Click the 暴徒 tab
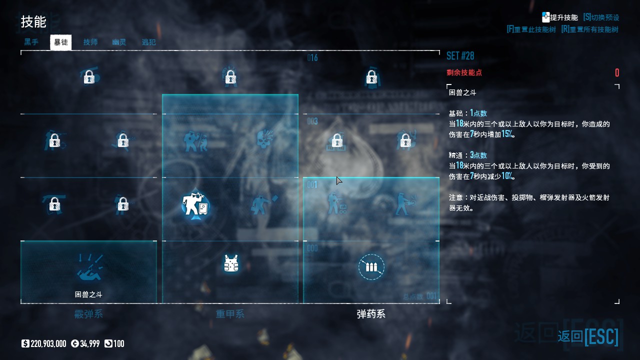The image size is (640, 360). (61, 42)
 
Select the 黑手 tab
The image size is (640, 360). (31, 42)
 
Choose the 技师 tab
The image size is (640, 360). (90, 42)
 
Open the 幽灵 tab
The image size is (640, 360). (119, 42)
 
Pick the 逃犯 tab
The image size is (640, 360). (148, 42)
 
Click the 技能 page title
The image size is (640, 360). (33, 22)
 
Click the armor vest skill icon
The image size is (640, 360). (230, 263)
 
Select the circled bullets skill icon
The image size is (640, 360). (371, 267)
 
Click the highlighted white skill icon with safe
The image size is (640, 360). (195, 204)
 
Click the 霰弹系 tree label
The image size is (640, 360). (88, 314)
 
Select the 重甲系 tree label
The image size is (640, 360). (230, 314)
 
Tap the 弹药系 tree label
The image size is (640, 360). (371, 314)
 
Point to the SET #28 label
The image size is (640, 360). (460, 55)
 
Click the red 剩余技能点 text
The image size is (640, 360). (464, 72)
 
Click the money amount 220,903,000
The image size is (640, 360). (48, 343)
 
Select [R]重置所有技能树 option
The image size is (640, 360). (590, 29)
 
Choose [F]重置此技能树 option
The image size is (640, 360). (531, 29)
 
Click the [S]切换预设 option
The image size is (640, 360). (601, 17)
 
